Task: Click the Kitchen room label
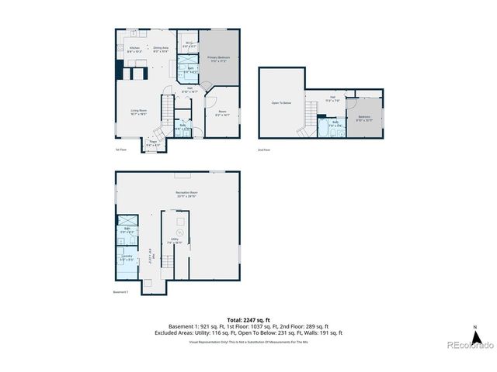click(x=133, y=50)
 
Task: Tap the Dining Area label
click(x=162, y=50)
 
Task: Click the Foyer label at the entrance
click(x=153, y=143)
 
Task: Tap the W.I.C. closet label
click(x=186, y=44)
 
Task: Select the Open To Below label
click(x=281, y=102)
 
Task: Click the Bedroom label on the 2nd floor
click(x=364, y=119)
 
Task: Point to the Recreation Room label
click(x=176, y=195)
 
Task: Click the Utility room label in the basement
click(x=176, y=240)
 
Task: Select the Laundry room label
click(x=127, y=257)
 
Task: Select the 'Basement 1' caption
click(x=120, y=292)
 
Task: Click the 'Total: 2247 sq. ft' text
click(x=248, y=319)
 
